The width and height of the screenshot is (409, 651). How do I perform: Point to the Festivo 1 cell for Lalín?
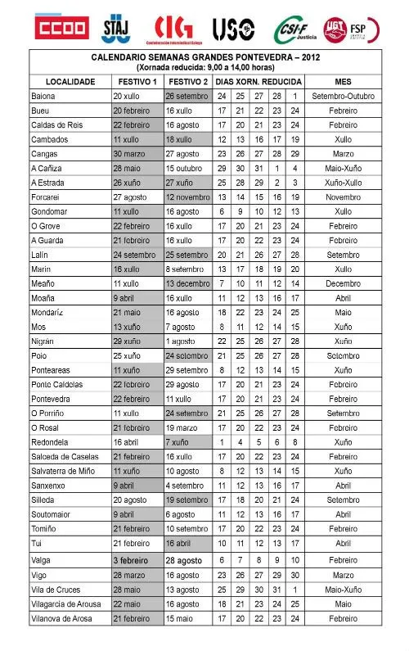point(135,254)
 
